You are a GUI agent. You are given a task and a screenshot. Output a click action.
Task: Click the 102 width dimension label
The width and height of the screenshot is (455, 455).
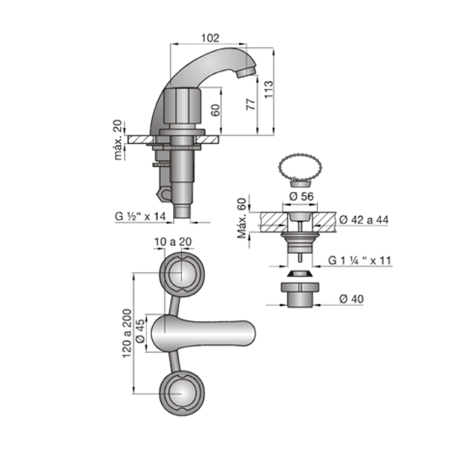[210, 38]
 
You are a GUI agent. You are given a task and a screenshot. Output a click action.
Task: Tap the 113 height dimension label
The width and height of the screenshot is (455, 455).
[269, 89]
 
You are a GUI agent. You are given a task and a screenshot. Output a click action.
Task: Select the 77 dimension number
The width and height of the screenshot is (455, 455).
[251, 104]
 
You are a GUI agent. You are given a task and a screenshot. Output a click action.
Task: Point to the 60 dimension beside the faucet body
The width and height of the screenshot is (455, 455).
[215, 110]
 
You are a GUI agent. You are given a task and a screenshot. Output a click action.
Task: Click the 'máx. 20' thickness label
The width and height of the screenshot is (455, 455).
[118, 140]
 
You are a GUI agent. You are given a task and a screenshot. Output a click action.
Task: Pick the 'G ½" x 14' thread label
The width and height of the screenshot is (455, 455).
[140, 216]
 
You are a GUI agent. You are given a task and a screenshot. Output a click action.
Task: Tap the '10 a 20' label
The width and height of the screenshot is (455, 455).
[173, 242]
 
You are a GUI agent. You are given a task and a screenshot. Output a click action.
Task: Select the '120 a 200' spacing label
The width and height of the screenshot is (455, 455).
[127, 333]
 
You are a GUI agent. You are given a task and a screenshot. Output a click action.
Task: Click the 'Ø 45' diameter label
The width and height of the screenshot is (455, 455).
[140, 331]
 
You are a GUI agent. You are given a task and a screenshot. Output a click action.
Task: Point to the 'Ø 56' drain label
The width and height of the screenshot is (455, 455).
[302, 196]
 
